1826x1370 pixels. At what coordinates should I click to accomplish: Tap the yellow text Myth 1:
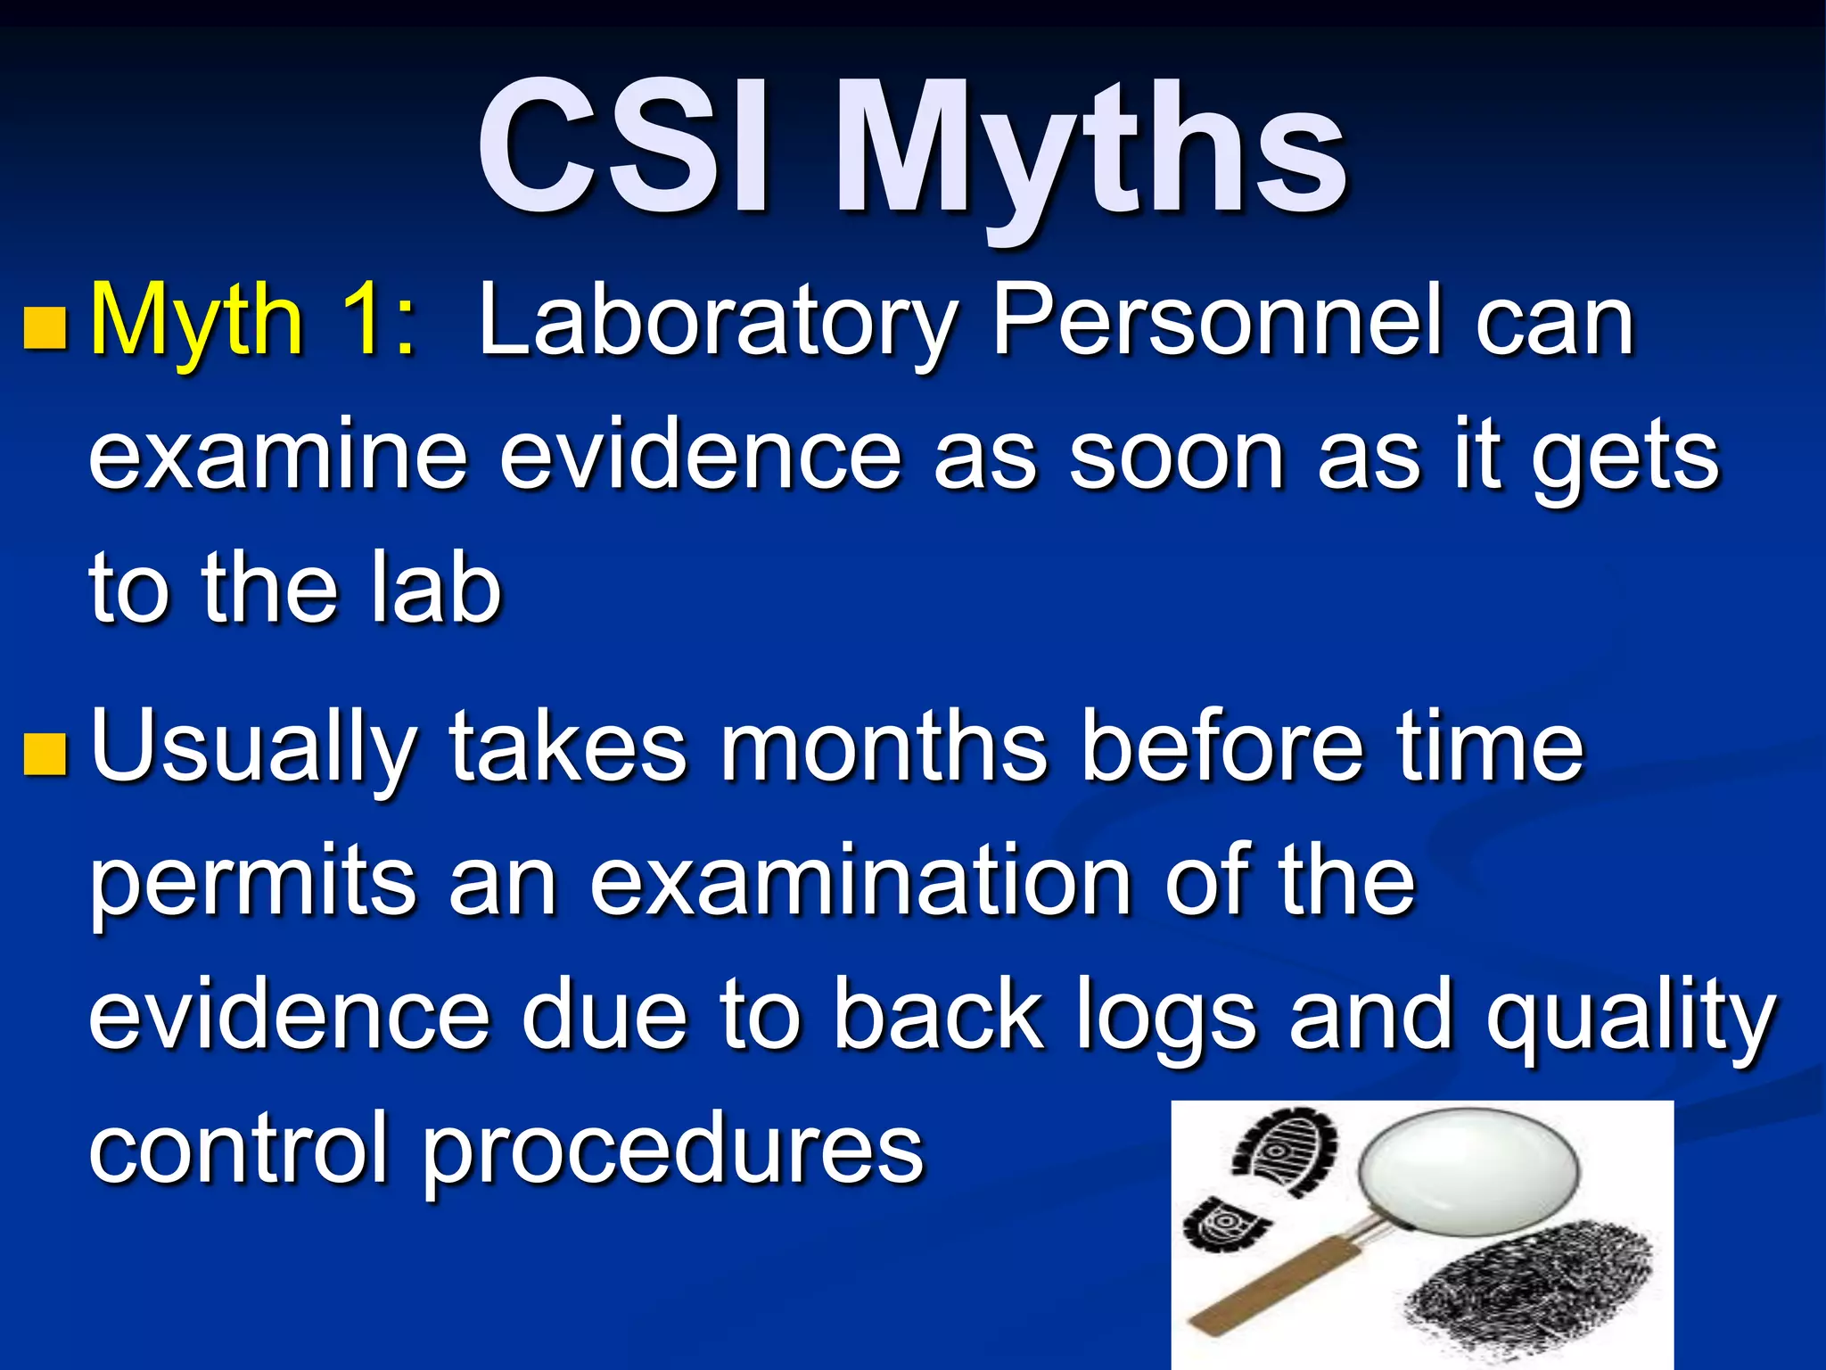point(253,321)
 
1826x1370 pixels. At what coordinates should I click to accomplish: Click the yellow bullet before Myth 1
point(45,327)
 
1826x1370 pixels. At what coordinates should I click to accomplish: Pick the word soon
point(1177,457)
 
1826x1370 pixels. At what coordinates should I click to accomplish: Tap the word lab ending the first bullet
point(437,589)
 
